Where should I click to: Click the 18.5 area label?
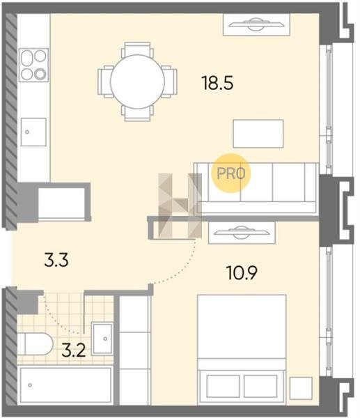click(217, 83)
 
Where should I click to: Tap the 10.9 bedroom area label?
click(242, 272)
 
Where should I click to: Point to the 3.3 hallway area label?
click(56, 260)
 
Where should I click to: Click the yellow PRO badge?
click(231, 173)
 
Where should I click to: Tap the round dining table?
click(137, 82)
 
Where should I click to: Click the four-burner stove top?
click(34, 65)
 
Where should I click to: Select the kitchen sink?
click(33, 132)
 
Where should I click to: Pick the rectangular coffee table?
click(258, 134)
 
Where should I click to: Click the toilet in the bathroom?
click(36, 344)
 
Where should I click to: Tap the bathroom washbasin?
click(102, 339)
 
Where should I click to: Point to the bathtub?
click(65, 385)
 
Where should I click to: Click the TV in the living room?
click(256, 24)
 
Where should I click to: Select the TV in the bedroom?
click(242, 233)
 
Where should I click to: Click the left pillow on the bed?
click(223, 386)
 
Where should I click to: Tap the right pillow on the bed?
click(260, 386)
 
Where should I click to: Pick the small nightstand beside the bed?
click(301, 388)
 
